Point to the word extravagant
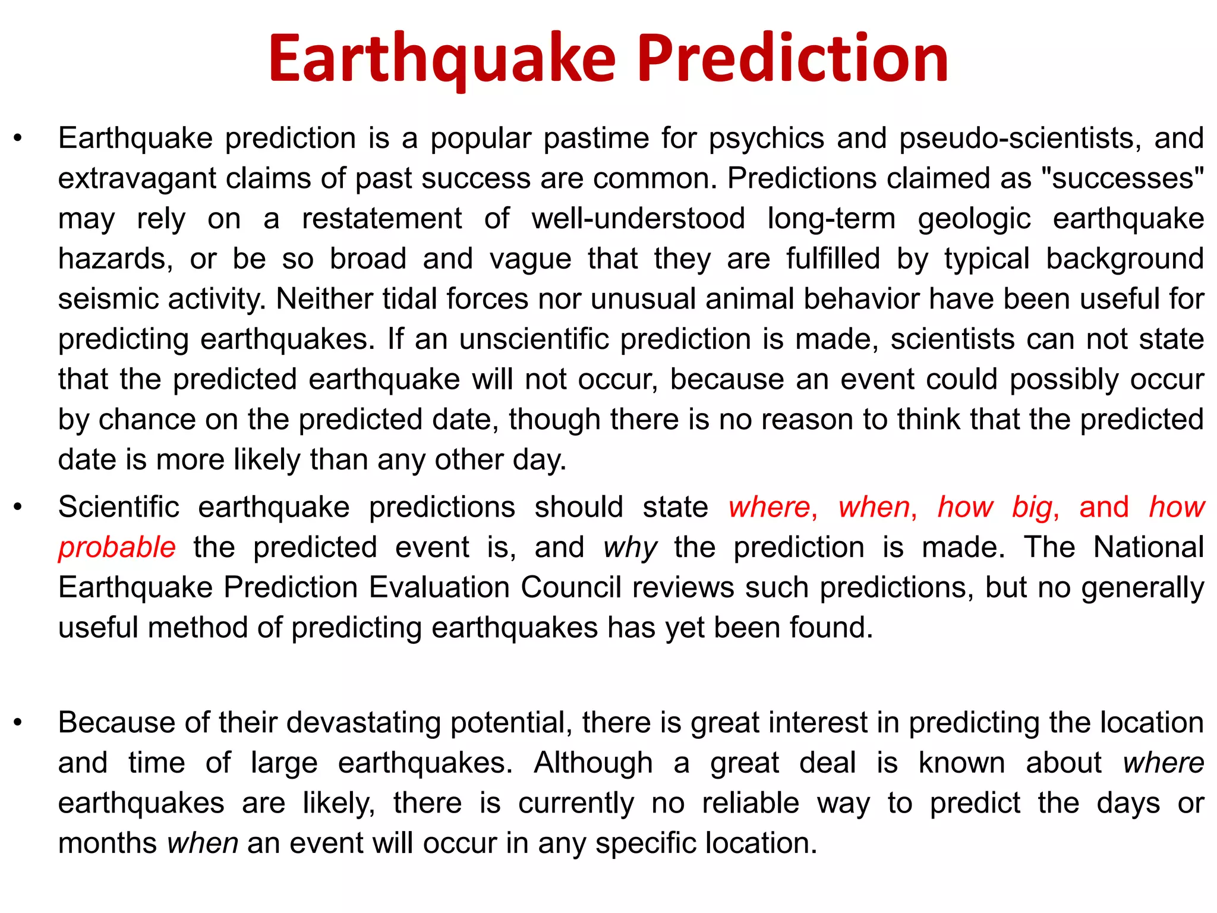click(x=136, y=179)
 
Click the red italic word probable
click(x=116, y=547)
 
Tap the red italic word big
click(x=1034, y=508)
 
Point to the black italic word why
click(x=629, y=547)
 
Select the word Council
click(x=570, y=588)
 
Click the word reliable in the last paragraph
click(x=751, y=804)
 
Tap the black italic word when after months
click(x=203, y=843)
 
